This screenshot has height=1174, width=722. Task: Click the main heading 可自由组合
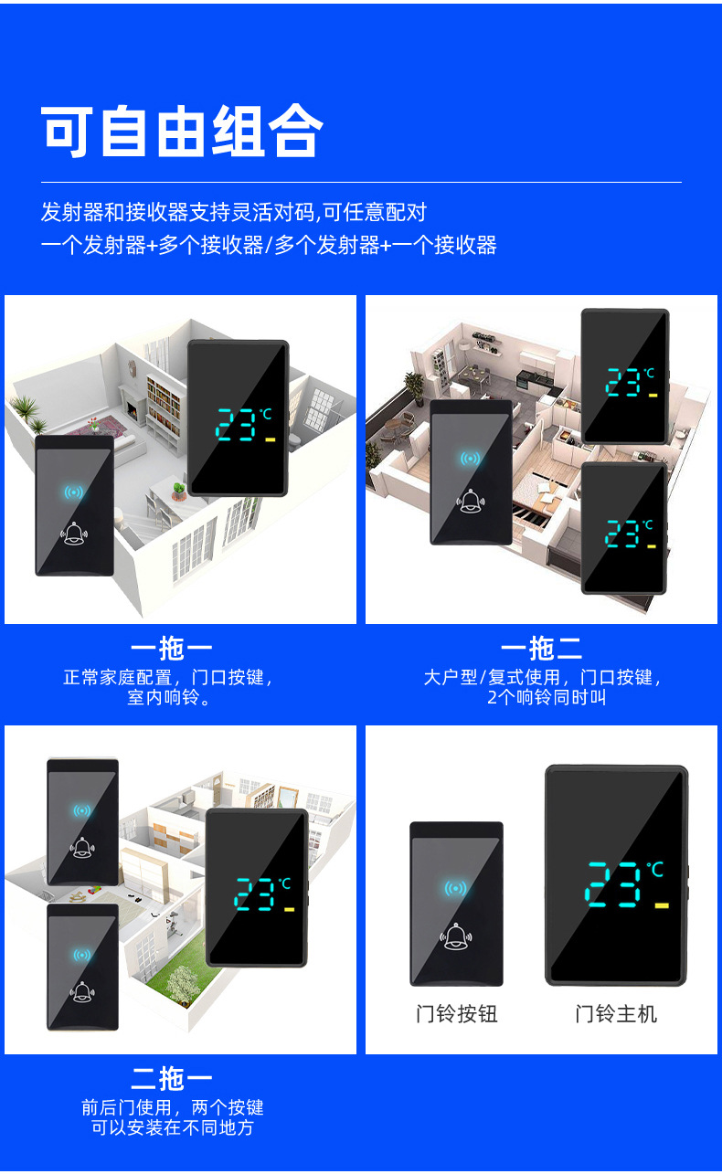pyautogui.click(x=182, y=132)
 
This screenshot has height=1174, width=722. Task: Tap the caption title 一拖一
pyautogui.click(x=171, y=649)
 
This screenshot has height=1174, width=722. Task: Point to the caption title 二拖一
pyautogui.click(x=171, y=1078)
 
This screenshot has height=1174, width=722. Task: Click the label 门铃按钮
pyautogui.click(x=456, y=1013)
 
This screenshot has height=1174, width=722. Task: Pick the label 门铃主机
pyautogui.click(x=616, y=1013)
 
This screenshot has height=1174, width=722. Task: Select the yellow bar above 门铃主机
pyautogui.click(x=662, y=905)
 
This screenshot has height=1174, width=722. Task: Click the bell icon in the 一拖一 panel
pyautogui.click(x=74, y=533)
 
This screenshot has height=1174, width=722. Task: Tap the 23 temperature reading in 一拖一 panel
pyautogui.click(x=236, y=425)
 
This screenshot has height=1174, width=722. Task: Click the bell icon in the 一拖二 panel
pyautogui.click(x=471, y=500)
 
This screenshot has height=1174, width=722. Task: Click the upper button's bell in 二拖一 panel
pyautogui.click(x=82, y=846)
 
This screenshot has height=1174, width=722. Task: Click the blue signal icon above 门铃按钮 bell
pyautogui.click(x=455, y=888)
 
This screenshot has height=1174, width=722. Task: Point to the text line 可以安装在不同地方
pyautogui.click(x=172, y=1127)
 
